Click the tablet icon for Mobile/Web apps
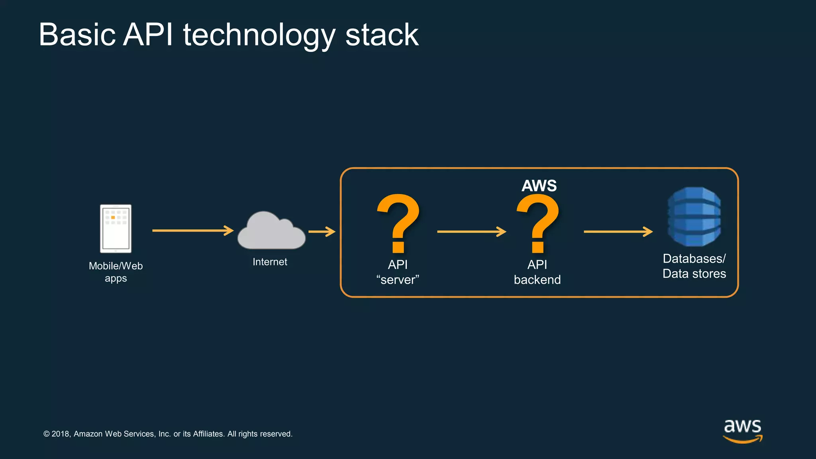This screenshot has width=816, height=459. click(116, 228)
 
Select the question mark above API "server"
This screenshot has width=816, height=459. click(398, 223)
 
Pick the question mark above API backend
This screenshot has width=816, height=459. click(537, 223)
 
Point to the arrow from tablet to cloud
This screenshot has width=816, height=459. click(193, 230)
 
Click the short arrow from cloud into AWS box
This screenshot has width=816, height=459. click(322, 231)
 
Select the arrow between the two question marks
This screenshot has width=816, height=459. click(471, 231)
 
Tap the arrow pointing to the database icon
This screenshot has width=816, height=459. click(618, 231)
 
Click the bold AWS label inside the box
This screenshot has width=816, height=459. click(539, 186)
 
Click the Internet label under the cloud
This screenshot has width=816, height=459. click(270, 262)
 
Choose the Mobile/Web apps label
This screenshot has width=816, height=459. click(116, 272)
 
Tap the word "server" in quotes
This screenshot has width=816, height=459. click(398, 280)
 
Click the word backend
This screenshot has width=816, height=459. click(537, 280)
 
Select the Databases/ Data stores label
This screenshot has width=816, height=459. click(694, 266)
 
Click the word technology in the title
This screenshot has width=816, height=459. click(259, 35)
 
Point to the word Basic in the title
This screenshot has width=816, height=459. click(77, 35)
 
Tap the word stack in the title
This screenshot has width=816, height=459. click(382, 35)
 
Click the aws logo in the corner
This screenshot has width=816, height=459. click(742, 430)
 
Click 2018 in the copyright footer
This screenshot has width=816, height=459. click(61, 434)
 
